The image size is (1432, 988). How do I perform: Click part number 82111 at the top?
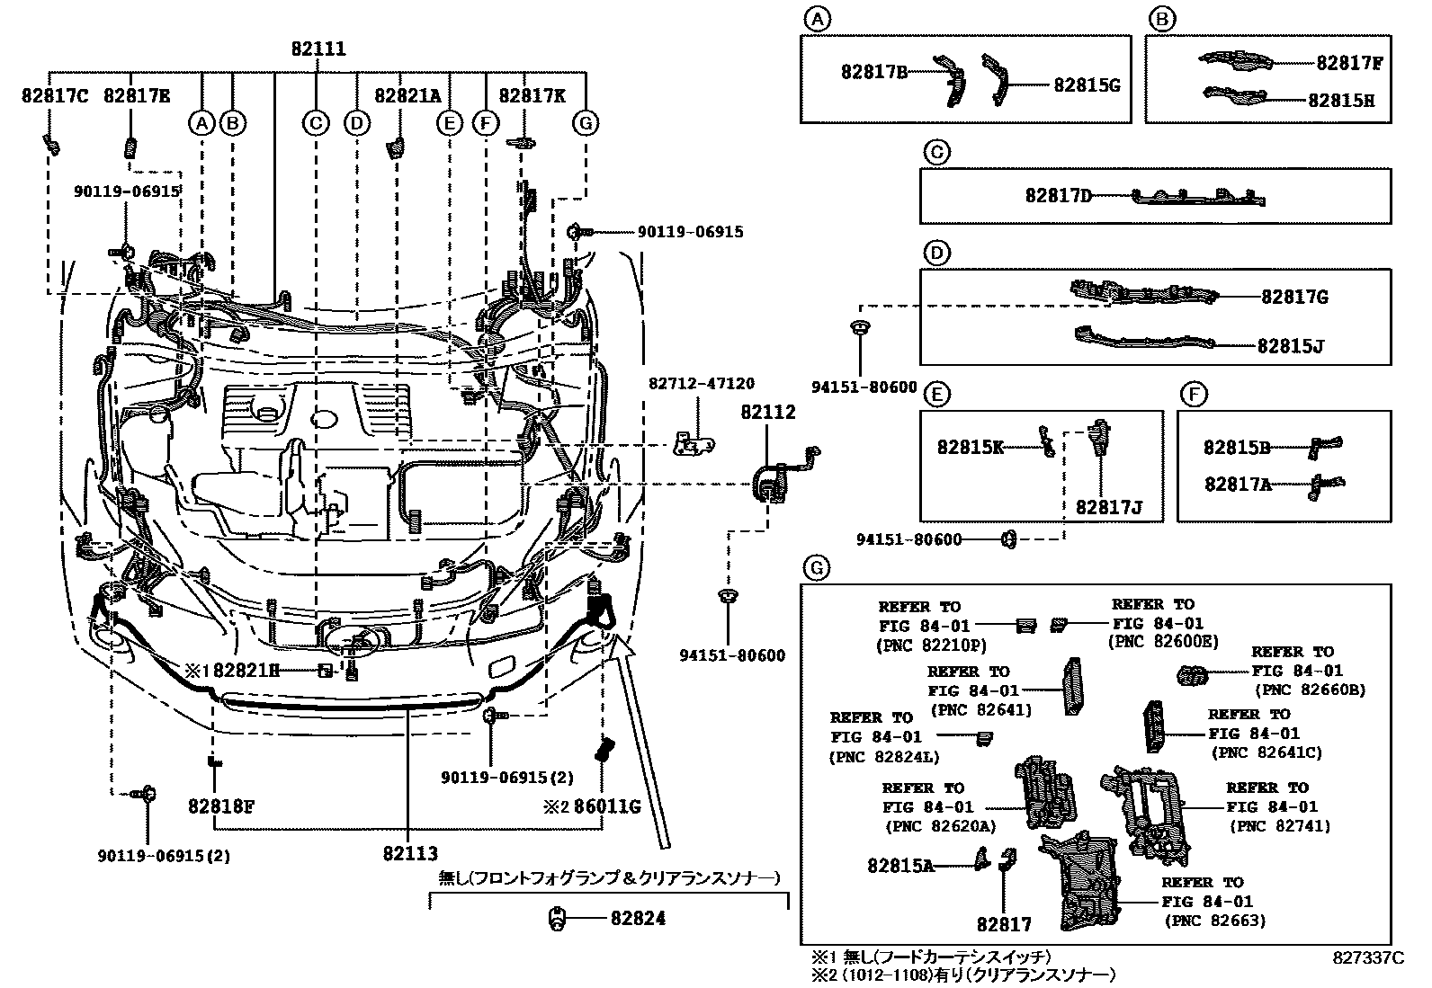pos(318,50)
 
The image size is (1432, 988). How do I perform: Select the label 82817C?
pos(55,96)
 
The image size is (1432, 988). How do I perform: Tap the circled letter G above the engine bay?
pos(586,122)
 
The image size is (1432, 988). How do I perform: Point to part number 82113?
pos(410,854)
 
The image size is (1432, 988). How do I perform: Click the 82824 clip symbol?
pos(557,919)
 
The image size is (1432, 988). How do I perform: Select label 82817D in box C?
pos(1058,195)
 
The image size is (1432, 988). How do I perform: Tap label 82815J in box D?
pos(1290,346)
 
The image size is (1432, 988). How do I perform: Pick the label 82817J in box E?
pos(1108,507)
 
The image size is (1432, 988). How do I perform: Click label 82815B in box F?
pos(1237,447)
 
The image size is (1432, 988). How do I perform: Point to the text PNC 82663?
pos(1214,921)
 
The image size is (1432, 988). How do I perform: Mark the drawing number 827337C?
pos(1367,958)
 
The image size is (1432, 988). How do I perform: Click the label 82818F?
pos(220,806)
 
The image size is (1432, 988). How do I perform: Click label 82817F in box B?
pos(1349,63)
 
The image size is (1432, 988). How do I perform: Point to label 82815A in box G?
pos(900,865)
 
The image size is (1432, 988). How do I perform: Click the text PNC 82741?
pos(1279,826)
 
